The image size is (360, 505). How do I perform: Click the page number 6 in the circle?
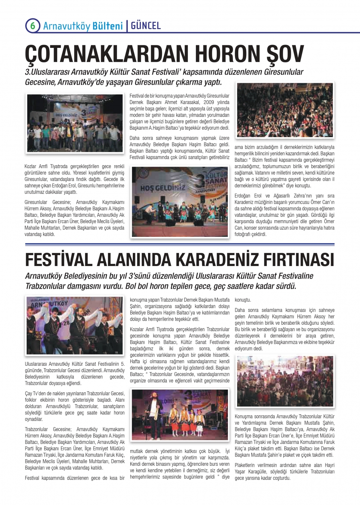pyautogui.click(x=32, y=26)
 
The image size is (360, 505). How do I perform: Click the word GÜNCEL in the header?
pyautogui.click(x=146, y=26)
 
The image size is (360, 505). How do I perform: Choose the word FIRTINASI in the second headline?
pyautogui.click(x=300, y=259)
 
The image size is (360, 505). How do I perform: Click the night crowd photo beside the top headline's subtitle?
pyautogui.click(x=284, y=110)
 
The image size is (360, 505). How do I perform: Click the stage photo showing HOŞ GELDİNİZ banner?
pyautogui.click(x=180, y=201)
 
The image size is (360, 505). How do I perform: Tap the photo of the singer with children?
pyautogui.click(x=180, y=415)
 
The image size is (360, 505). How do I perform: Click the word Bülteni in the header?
pyautogui.click(x=108, y=26)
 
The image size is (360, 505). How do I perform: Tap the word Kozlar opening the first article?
pyautogui.click(x=31, y=167)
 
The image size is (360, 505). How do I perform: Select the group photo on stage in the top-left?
pyautogui.click(x=75, y=122)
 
